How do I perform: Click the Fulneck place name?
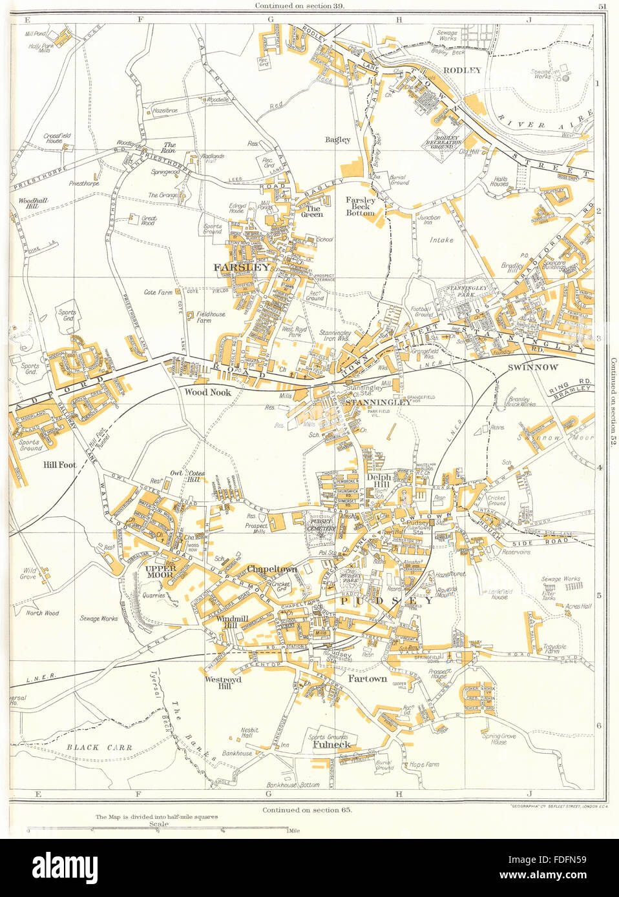tap(331, 744)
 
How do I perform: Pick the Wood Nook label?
tap(207, 392)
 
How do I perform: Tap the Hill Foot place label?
tap(59, 464)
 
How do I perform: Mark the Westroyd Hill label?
tap(223, 683)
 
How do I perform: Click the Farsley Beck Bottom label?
tap(360, 206)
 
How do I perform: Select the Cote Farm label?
tap(158, 292)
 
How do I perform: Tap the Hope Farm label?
tap(424, 764)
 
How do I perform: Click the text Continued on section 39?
tap(300, 5)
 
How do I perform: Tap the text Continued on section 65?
tap(307, 809)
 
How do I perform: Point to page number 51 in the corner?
tap(602, 6)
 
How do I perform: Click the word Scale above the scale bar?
tap(158, 823)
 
